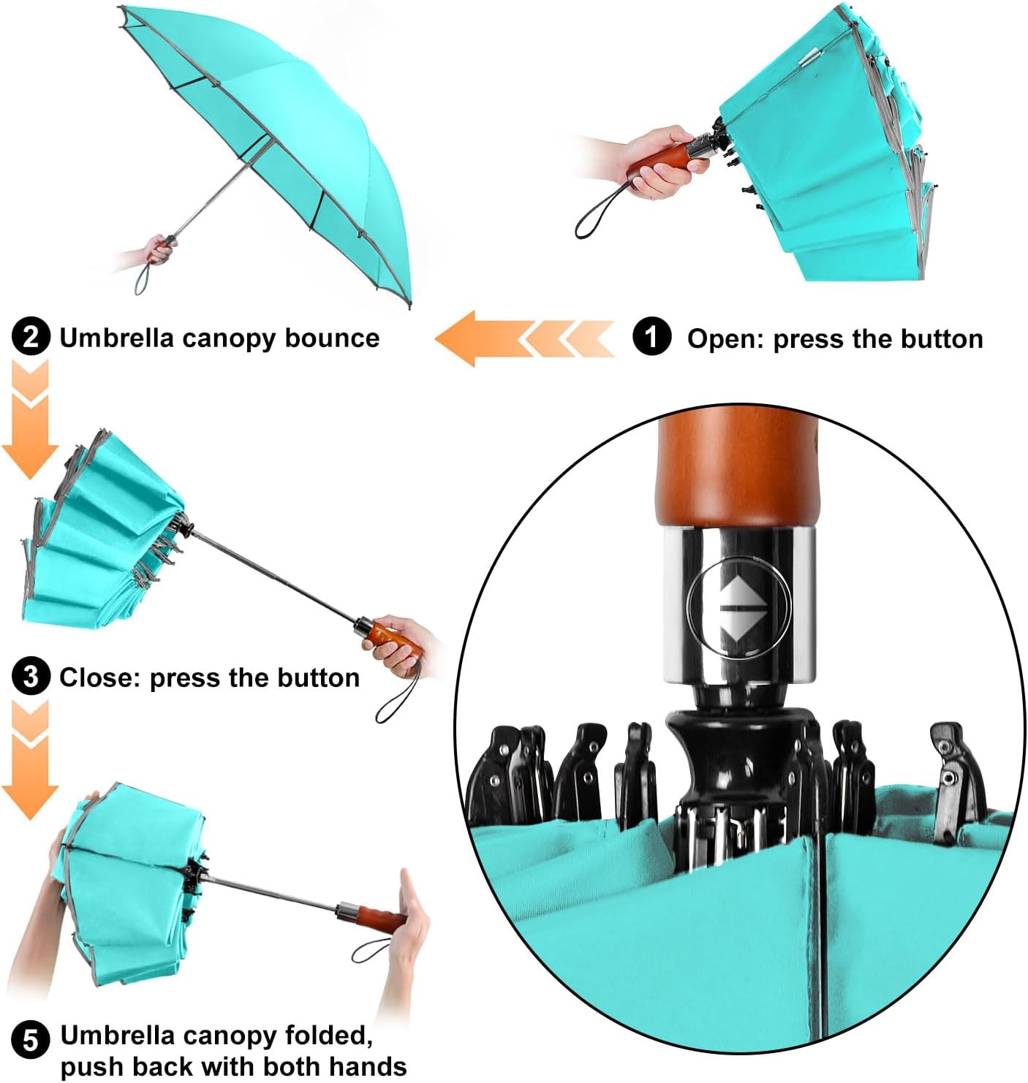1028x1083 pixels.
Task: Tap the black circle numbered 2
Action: point(31,336)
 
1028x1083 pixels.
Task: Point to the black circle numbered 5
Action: point(31,1039)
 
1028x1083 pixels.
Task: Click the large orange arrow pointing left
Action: point(524,338)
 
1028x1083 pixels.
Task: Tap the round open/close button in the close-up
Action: point(738,607)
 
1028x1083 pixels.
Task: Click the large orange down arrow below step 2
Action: point(30,419)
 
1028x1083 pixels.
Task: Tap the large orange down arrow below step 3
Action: point(30,760)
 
